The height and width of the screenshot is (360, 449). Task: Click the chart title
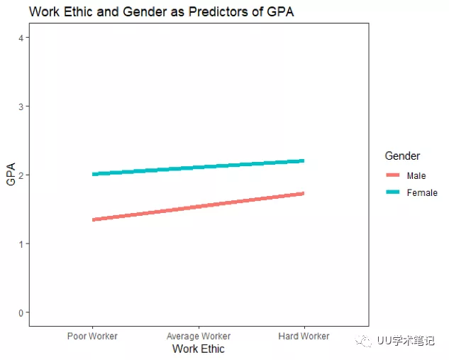161,12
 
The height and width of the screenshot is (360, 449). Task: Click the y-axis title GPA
11,175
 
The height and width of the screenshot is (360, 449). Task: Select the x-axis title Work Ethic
199,349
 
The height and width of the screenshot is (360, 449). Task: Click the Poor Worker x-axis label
92,336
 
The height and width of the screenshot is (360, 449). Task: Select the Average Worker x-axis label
199,336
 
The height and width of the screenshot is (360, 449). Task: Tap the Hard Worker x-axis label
304,336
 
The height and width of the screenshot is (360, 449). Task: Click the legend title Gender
402,156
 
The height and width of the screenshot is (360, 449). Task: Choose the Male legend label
416,175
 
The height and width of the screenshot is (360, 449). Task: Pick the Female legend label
422,192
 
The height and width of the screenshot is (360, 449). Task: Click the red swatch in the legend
393,175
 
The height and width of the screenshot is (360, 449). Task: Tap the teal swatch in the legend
393,192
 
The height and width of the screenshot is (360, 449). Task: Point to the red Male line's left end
94,219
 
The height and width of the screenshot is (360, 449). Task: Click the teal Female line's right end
303,161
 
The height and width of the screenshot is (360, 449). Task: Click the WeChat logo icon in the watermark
365,341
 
